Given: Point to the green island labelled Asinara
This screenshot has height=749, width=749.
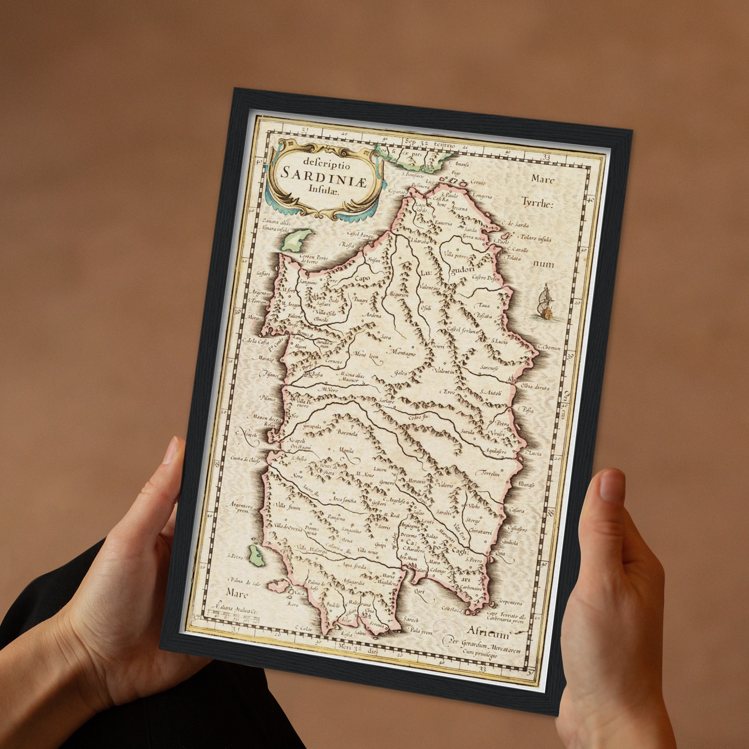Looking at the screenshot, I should pyautogui.click(x=294, y=240).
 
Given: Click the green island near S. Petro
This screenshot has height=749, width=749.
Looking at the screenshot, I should pyautogui.click(x=255, y=556).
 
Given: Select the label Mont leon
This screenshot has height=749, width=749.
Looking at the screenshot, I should pyautogui.click(x=366, y=356).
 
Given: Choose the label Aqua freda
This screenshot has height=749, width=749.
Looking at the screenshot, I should pyautogui.click(x=354, y=567).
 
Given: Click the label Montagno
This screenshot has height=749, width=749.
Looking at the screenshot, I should pyautogui.click(x=402, y=353).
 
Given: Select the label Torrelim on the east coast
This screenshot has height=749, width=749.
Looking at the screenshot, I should pyautogui.click(x=490, y=474).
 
